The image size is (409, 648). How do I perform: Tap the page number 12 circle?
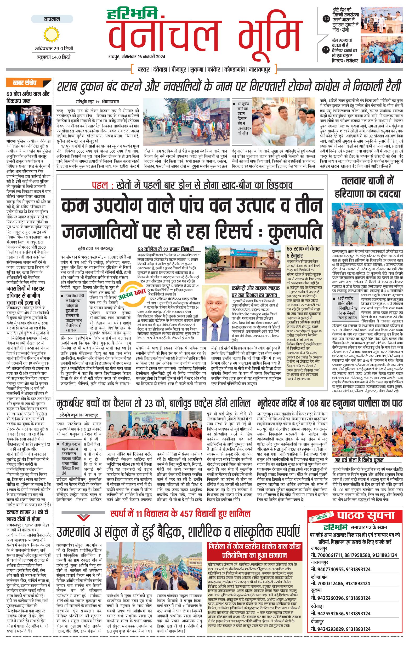[326, 19]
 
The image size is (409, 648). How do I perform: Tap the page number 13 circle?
[326, 50]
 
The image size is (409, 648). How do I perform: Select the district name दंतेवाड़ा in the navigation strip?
[161, 70]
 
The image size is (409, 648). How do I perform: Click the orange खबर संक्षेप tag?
[28, 83]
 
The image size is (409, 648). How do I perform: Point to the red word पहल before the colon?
[100, 186]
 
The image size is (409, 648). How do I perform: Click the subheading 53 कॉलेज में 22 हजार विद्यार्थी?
[165, 249]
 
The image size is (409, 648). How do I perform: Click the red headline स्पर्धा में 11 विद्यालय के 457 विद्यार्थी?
[180, 514]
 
